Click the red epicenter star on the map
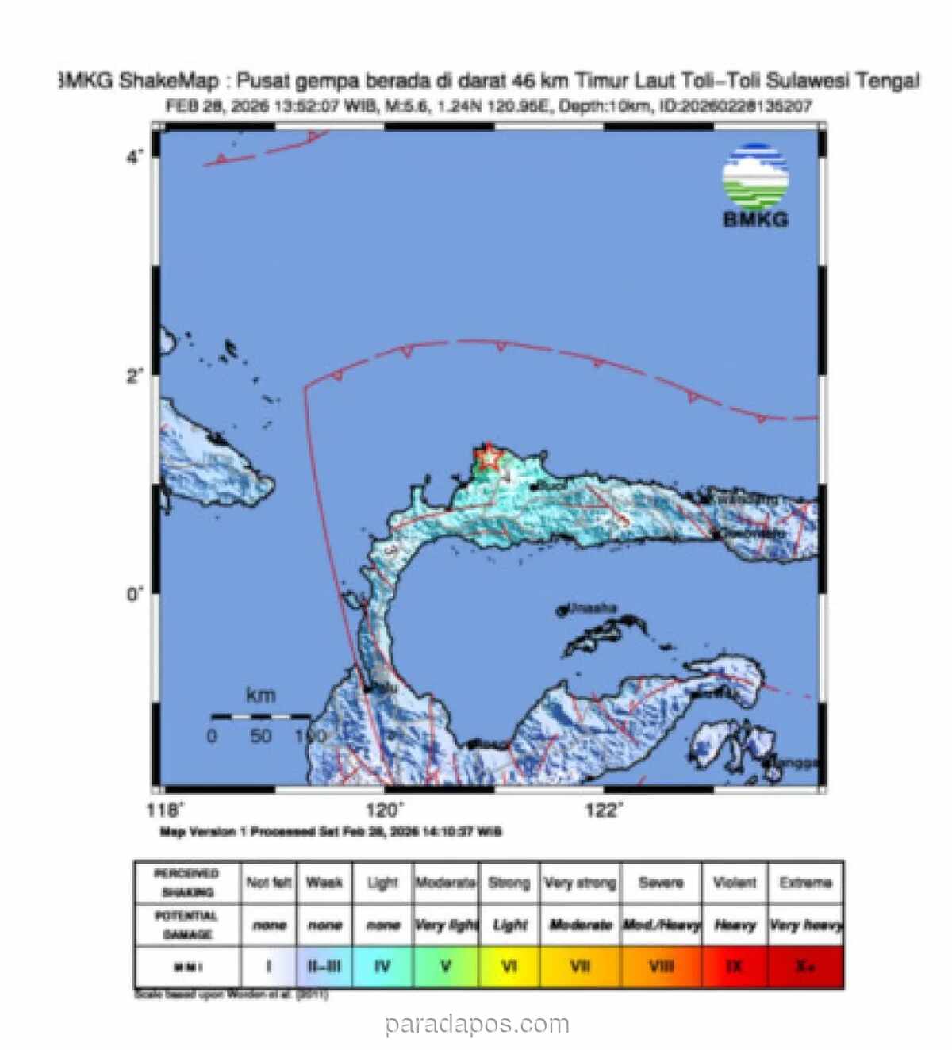(488, 458)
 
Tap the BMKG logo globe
(755, 176)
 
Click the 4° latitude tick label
(134, 157)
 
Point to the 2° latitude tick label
(134, 375)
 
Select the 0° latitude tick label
(134, 593)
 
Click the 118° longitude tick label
(165, 810)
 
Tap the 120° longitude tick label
(384, 810)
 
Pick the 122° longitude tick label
(604, 810)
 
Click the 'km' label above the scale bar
(260, 696)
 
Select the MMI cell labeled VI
(509, 967)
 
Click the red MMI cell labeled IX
(735, 967)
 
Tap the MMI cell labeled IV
(382, 967)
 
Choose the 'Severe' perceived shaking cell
(661, 883)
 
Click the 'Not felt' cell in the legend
(268, 883)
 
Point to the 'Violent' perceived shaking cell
(735, 883)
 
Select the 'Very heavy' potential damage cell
(805, 925)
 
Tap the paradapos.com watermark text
(478, 1024)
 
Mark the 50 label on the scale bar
(261, 736)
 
